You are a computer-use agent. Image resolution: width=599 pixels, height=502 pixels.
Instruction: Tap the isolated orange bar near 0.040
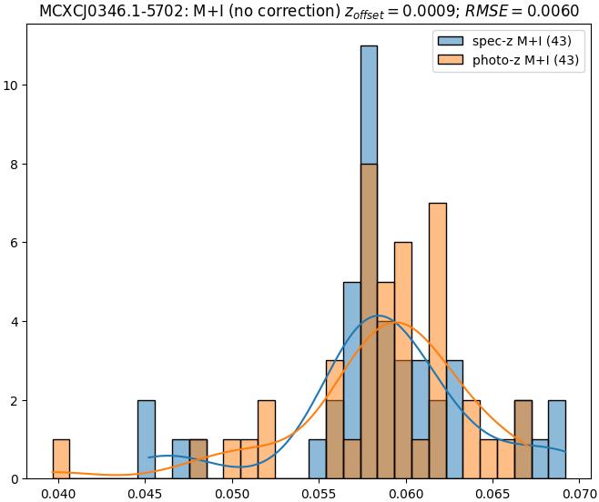pos(61,459)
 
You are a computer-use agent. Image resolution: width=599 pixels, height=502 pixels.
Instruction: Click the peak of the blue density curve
pos(380,316)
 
